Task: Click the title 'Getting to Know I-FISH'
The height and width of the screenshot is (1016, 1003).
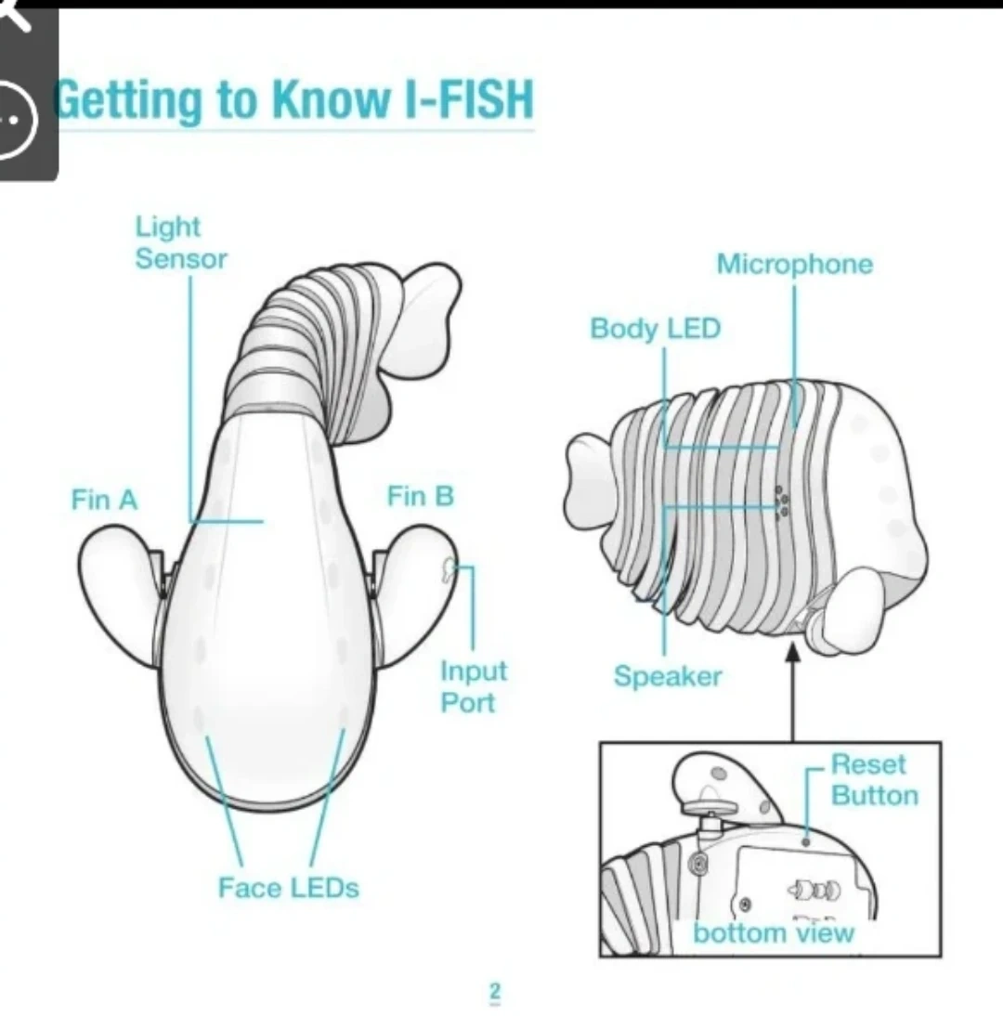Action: click(x=294, y=99)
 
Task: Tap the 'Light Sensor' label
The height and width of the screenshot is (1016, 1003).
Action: click(x=181, y=242)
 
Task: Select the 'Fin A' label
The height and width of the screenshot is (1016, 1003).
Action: click(x=104, y=500)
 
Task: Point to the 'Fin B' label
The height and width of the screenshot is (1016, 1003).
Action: click(x=421, y=496)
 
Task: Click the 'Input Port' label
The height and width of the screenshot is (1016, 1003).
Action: click(x=474, y=686)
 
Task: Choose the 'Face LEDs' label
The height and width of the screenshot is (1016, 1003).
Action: click(x=288, y=887)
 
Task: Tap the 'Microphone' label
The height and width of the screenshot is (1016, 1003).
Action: click(x=794, y=264)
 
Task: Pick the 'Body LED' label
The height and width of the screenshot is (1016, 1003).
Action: click(x=655, y=328)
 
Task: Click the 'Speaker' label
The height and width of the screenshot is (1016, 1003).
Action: click(x=668, y=676)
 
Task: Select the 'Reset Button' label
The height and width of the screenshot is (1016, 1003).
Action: click(x=875, y=779)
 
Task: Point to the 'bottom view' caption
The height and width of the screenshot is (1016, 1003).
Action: click(x=774, y=932)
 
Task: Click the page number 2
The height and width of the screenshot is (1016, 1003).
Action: click(x=495, y=991)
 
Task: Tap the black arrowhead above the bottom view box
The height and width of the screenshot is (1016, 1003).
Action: click(x=792, y=652)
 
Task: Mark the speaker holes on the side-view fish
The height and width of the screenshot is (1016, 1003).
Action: click(x=782, y=502)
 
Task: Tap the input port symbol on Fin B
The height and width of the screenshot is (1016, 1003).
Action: click(x=447, y=570)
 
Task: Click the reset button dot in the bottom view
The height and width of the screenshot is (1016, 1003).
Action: click(x=806, y=841)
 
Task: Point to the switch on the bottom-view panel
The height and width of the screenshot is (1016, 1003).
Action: click(x=814, y=891)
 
